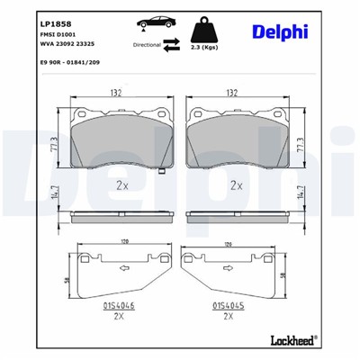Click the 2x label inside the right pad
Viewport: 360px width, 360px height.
pos(238,185)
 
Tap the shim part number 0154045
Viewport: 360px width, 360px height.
pos(228,305)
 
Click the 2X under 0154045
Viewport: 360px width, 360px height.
pos(228,317)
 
